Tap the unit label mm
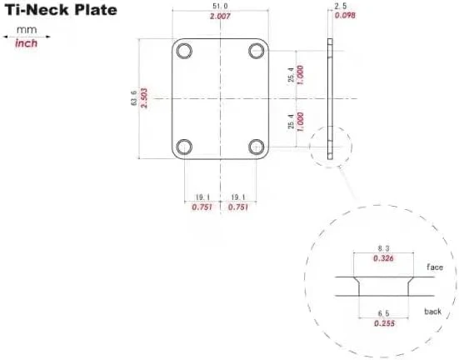27,29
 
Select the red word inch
27,42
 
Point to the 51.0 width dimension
220,7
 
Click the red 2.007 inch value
220,17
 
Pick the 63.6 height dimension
133,97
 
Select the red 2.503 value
144,97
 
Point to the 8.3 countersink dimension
383,248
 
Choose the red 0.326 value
383,258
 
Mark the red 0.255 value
383,322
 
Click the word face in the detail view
436,267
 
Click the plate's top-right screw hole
256,49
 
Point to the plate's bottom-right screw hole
256,147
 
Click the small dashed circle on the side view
331,147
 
